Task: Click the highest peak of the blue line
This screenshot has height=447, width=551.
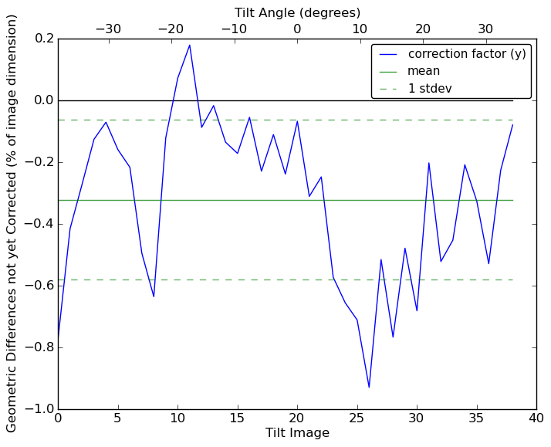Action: tap(190, 45)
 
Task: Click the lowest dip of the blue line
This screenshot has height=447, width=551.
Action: tap(369, 387)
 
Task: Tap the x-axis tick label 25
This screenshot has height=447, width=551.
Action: tap(357, 418)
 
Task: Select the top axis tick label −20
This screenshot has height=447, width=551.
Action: tap(171, 29)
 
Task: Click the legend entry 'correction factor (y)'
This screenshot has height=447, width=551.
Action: tap(467, 54)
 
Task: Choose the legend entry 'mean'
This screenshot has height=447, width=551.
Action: tap(424, 71)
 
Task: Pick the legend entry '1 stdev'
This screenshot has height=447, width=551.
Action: tap(430, 89)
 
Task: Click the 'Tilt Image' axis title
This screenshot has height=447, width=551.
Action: tap(297, 433)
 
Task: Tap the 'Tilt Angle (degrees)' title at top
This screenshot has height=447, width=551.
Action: tap(297, 12)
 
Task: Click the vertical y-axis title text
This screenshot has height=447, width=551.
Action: tap(12, 223)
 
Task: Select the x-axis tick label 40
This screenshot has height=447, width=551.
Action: tap(536, 418)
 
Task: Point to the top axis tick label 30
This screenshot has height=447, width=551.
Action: tap(485, 29)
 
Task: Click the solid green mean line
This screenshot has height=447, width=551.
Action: tap(309, 200)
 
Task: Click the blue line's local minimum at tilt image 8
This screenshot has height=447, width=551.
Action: tap(154, 296)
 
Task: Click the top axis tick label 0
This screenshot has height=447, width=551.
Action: tap(297, 29)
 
